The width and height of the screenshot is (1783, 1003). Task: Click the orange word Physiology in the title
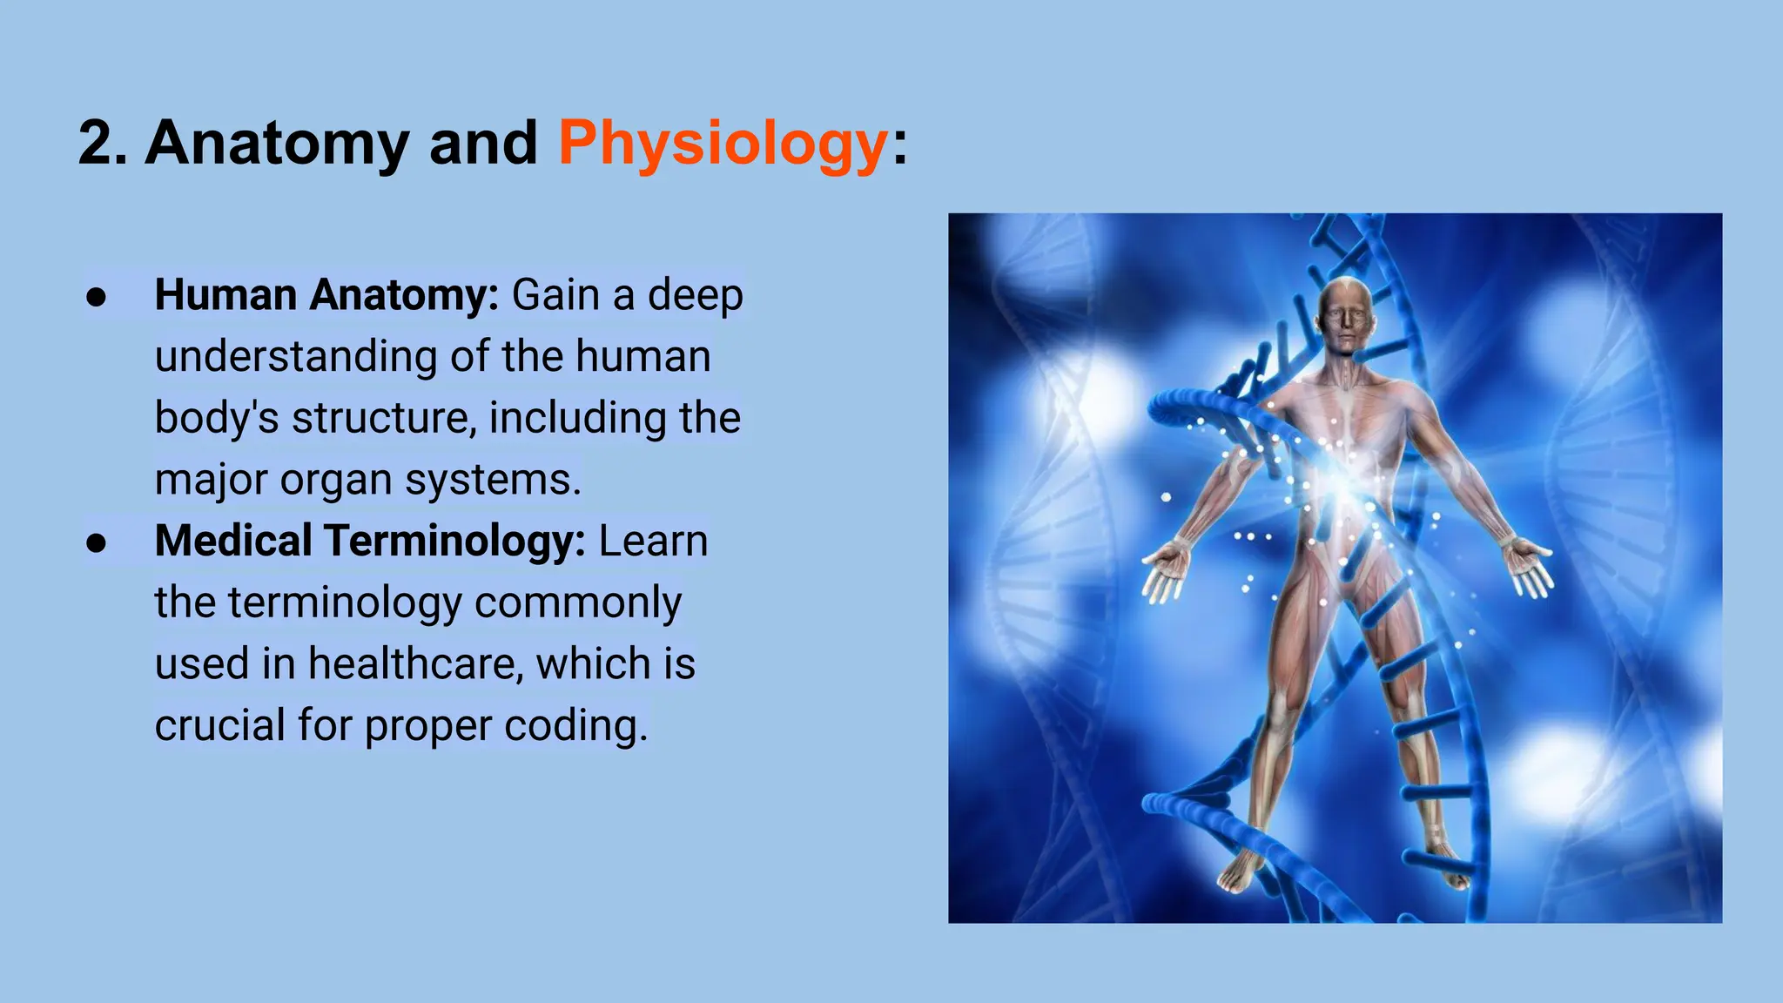[723, 144]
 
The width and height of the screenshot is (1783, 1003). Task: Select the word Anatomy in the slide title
[277, 144]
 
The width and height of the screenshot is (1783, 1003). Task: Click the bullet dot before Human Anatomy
[97, 297]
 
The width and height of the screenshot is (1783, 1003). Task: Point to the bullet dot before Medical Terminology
[97, 542]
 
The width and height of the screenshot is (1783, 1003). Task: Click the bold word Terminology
[455, 541]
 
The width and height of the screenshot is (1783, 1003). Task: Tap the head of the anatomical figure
[1345, 313]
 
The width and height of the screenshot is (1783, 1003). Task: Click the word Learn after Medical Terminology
[653, 541]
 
